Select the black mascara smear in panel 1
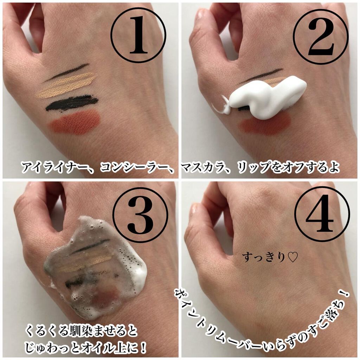click(72, 103)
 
